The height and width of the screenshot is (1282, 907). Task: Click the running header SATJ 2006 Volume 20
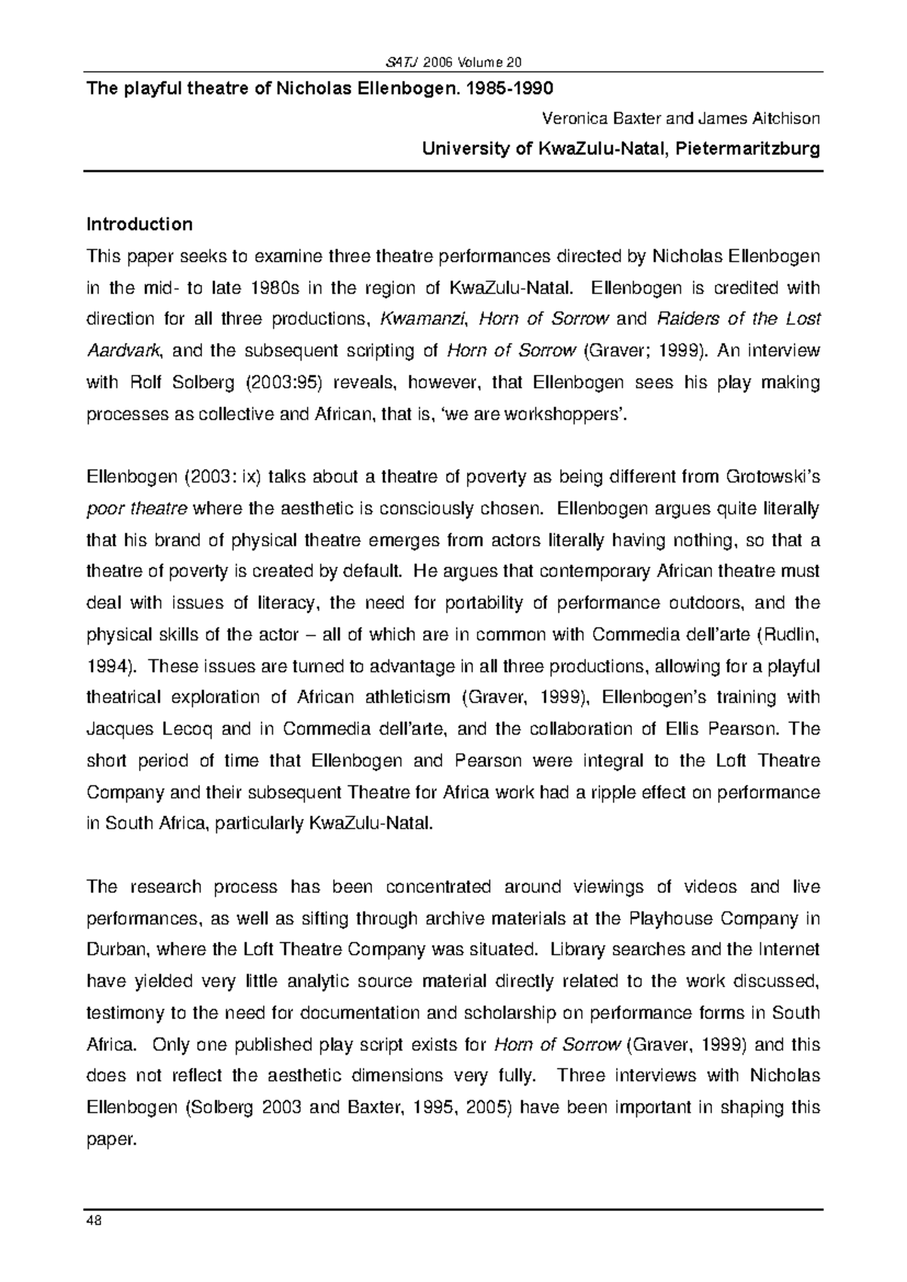click(453, 62)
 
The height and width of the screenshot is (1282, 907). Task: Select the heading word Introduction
click(140, 225)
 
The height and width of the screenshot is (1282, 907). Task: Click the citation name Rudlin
click(795, 635)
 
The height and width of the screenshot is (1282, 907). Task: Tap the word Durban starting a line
click(113, 950)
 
